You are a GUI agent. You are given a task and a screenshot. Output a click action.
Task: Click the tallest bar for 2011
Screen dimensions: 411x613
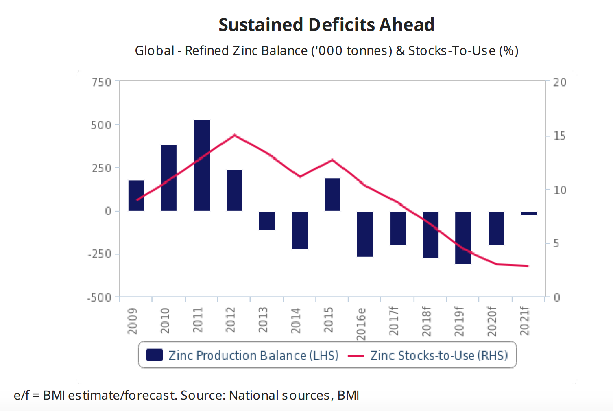click(202, 165)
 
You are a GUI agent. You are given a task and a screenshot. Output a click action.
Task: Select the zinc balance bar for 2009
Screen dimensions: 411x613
click(136, 195)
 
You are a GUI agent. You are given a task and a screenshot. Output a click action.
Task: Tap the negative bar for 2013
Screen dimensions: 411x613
click(267, 220)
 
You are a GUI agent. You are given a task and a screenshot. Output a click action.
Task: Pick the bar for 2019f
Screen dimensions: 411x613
click(463, 237)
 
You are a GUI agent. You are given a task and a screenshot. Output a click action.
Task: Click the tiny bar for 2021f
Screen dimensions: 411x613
click(529, 213)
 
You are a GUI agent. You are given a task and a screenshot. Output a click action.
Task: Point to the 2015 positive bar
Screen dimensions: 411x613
click(332, 195)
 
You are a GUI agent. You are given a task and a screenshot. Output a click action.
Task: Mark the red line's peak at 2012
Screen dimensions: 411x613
click(234, 135)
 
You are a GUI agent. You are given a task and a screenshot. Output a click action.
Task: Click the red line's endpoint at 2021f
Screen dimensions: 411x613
click(528, 266)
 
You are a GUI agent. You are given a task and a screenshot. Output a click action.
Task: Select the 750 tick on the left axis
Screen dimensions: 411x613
click(101, 82)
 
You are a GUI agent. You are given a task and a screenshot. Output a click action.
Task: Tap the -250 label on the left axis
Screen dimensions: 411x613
click(99, 254)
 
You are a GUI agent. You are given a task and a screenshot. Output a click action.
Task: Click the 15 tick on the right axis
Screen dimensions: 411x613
click(559, 136)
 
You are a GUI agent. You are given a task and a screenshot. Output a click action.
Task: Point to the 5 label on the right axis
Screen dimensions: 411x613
click(556, 244)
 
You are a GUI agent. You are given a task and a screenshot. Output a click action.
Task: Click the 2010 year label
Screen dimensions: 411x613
click(165, 320)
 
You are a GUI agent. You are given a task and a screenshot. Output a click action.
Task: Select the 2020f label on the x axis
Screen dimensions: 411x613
click(492, 321)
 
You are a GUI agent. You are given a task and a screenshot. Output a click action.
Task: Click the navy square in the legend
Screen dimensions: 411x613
click(155, 355)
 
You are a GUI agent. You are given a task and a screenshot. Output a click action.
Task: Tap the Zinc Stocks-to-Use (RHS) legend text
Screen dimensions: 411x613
click(439, 355)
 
